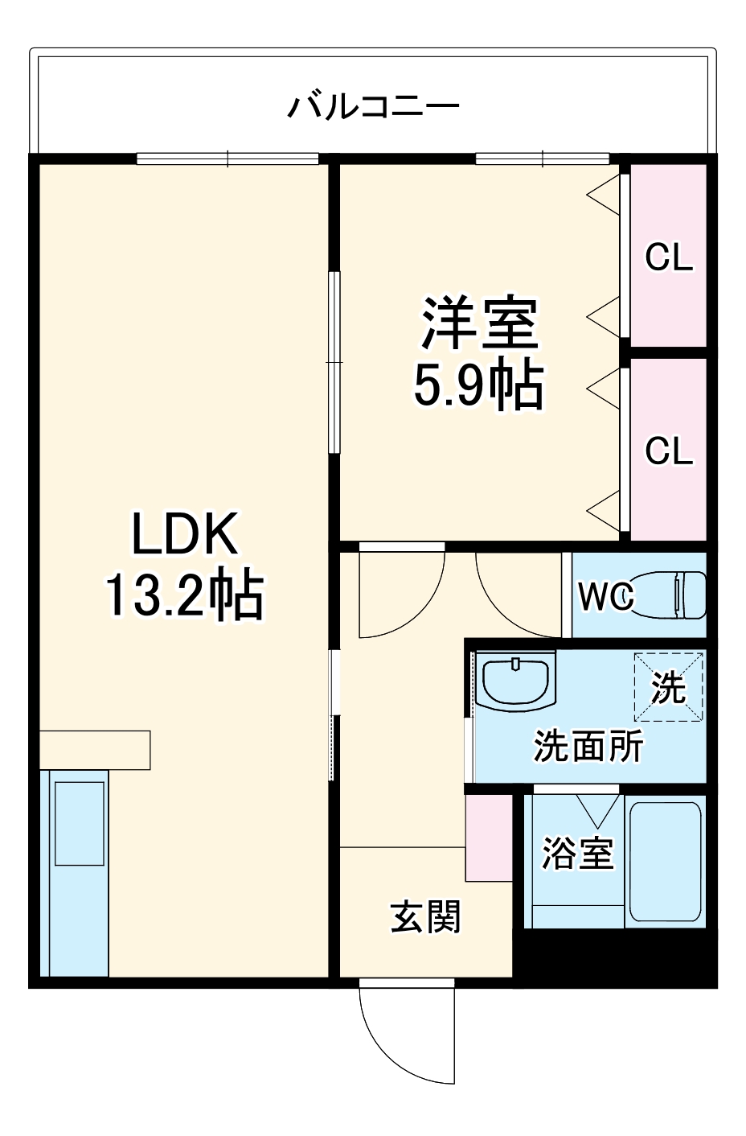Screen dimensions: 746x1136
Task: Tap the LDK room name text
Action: pos(185,534)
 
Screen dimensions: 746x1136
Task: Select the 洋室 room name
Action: pos(479,323)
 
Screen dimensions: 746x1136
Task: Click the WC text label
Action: pos(606,596)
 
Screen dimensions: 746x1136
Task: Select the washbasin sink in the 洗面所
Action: pos(515,681)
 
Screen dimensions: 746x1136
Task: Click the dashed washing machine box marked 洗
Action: pos(669,687)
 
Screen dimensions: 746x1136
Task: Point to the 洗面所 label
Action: pos(588,746)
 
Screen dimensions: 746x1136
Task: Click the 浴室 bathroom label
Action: pos(578,854)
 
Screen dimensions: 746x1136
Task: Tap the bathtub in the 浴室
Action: pos(666,862)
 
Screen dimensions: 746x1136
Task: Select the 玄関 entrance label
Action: pos(425,916)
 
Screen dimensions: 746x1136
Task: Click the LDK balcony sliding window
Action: pos(227,158)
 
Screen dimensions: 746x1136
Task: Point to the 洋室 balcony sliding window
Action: pos(543,158)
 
